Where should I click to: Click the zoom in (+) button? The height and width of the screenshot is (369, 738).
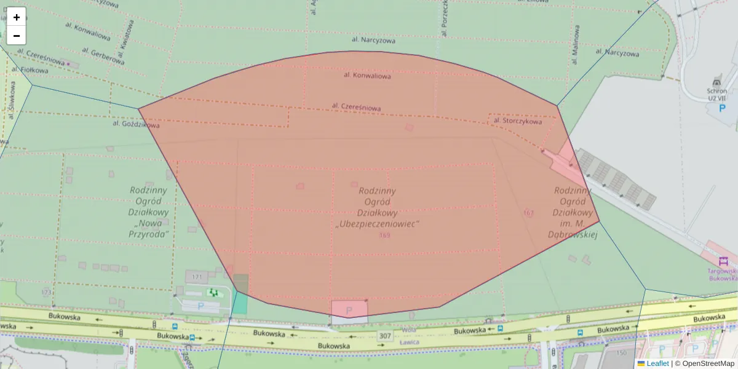click(x=17, y=17)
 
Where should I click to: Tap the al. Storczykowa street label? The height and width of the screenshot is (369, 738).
click(x=517, y=122)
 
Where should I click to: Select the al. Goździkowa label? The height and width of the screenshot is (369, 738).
click(x=132, y=124)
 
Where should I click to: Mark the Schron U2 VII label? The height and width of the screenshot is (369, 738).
click(x=717, y=94)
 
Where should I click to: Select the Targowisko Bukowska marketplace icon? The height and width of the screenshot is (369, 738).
click(x=723, y=261)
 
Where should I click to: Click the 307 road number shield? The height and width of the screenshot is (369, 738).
click(x=385, y=336)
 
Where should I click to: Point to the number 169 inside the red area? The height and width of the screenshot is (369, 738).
click(x=384, y=236)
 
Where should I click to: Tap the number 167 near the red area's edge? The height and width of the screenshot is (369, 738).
click(x=528, y=213)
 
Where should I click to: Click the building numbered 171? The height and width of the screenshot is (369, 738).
click(x=197, y=278)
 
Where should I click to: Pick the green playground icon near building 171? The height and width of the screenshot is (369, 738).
click(x=213, y=293)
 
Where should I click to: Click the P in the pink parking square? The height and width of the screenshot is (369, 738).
click(x=349, y=311)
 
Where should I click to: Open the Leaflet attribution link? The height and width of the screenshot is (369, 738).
click(x=657, y=363)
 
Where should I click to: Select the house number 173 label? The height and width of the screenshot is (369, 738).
click(x=46, y=292)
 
